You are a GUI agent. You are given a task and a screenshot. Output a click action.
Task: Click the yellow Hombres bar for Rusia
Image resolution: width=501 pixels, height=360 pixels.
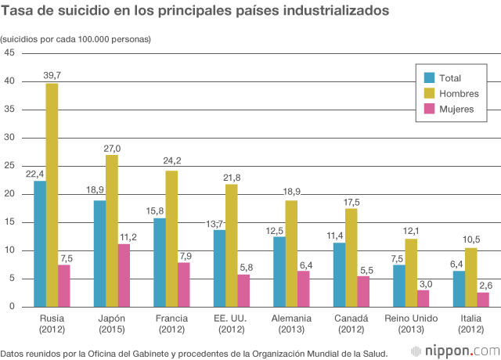[52, 195]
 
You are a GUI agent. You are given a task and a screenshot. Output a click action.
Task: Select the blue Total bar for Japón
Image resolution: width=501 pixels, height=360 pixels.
[99, 254]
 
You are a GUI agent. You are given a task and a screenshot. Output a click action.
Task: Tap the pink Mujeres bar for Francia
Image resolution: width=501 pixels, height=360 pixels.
[184, 284]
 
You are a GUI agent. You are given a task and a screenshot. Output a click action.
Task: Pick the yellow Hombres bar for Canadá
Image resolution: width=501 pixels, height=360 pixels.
[351, 257]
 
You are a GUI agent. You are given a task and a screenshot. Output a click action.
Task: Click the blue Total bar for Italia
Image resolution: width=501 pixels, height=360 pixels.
[459, 289]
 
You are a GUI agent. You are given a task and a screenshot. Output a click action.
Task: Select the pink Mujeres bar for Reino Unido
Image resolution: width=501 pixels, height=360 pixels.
[424, 298]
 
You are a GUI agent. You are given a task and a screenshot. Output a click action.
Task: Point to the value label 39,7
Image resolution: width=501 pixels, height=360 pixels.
[52, 75]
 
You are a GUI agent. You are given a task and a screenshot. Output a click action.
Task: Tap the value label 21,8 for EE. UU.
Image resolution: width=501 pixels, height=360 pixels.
[232, 177]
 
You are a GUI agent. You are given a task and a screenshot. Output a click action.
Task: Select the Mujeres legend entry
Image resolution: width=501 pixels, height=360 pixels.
[456, 109]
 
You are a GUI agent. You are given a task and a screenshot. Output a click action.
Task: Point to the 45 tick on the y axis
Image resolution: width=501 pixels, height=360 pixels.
[10, 53]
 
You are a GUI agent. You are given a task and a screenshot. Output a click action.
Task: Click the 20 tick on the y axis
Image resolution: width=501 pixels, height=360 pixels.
[10, 194]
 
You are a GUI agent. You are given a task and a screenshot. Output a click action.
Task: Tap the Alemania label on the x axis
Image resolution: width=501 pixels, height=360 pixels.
[291, 318]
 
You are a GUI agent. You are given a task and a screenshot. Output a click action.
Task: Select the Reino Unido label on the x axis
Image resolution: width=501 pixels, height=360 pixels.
[411, 318]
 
